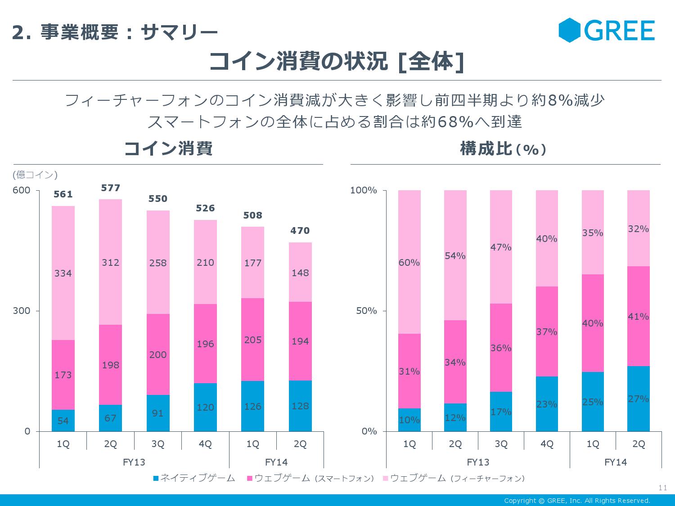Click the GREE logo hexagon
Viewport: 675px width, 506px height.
570,30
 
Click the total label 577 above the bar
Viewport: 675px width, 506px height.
110,188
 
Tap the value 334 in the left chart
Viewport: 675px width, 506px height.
63,273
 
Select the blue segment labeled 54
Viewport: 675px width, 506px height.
63,421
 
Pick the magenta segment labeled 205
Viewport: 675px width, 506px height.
253,340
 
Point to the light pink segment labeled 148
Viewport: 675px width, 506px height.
300,273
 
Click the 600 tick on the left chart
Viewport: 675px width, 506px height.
22,190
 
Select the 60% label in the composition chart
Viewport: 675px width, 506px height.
409,263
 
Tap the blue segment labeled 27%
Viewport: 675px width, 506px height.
639,399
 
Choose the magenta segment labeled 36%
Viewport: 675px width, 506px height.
501,348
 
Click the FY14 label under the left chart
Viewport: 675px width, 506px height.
276,462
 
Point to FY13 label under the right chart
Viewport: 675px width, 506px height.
478,462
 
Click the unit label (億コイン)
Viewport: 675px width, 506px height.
35,175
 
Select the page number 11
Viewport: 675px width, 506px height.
662,488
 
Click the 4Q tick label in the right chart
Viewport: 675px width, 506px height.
547,444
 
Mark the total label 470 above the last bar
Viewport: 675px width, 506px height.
300,231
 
